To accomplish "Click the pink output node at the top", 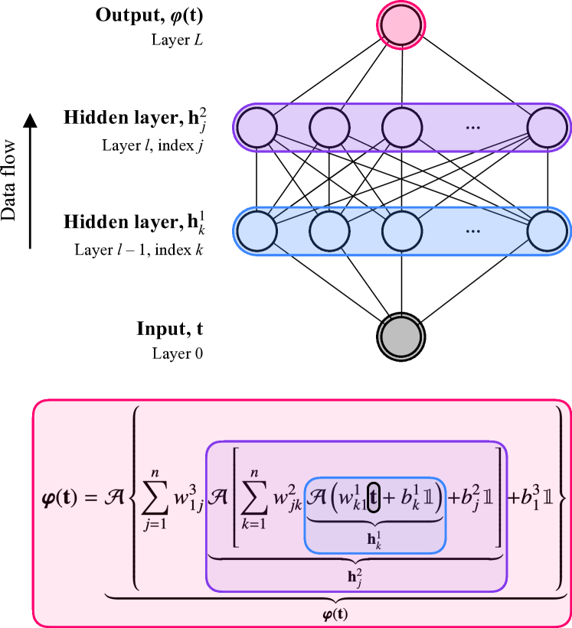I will point(400,25).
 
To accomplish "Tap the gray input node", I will point(400,337).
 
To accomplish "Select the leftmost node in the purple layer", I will point(257,128).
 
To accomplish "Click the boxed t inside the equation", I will point(374,498).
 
